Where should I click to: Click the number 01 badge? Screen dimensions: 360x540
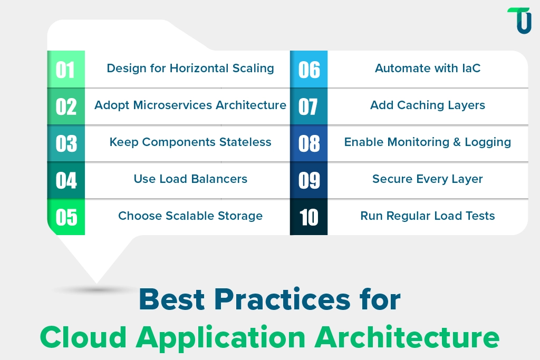[x=66, y=69]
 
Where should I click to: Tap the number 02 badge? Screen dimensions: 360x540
[x=66, y=106]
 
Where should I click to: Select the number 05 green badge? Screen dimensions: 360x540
[x=66, y=217]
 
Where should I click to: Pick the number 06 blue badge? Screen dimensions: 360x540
[x=308, y=69]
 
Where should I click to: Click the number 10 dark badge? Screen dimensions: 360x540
[x=308, y=217]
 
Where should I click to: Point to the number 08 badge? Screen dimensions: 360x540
[x=308, y=143]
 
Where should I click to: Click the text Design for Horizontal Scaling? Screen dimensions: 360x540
[x=190, y=69]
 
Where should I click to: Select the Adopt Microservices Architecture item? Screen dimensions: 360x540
[x=190, y=105]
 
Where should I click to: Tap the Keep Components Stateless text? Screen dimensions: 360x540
[x=190, y=142]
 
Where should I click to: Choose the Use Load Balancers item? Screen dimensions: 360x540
[x=190, y=179]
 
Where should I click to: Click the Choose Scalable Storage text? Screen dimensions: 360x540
[x=190, y=216]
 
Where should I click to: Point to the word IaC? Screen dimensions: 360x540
[x=469, y=69]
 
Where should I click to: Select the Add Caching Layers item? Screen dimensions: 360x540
[x=427, y=105]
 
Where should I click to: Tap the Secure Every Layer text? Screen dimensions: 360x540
[x=427, y=179]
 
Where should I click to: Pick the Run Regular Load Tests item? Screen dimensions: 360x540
[x=427, y=216]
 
